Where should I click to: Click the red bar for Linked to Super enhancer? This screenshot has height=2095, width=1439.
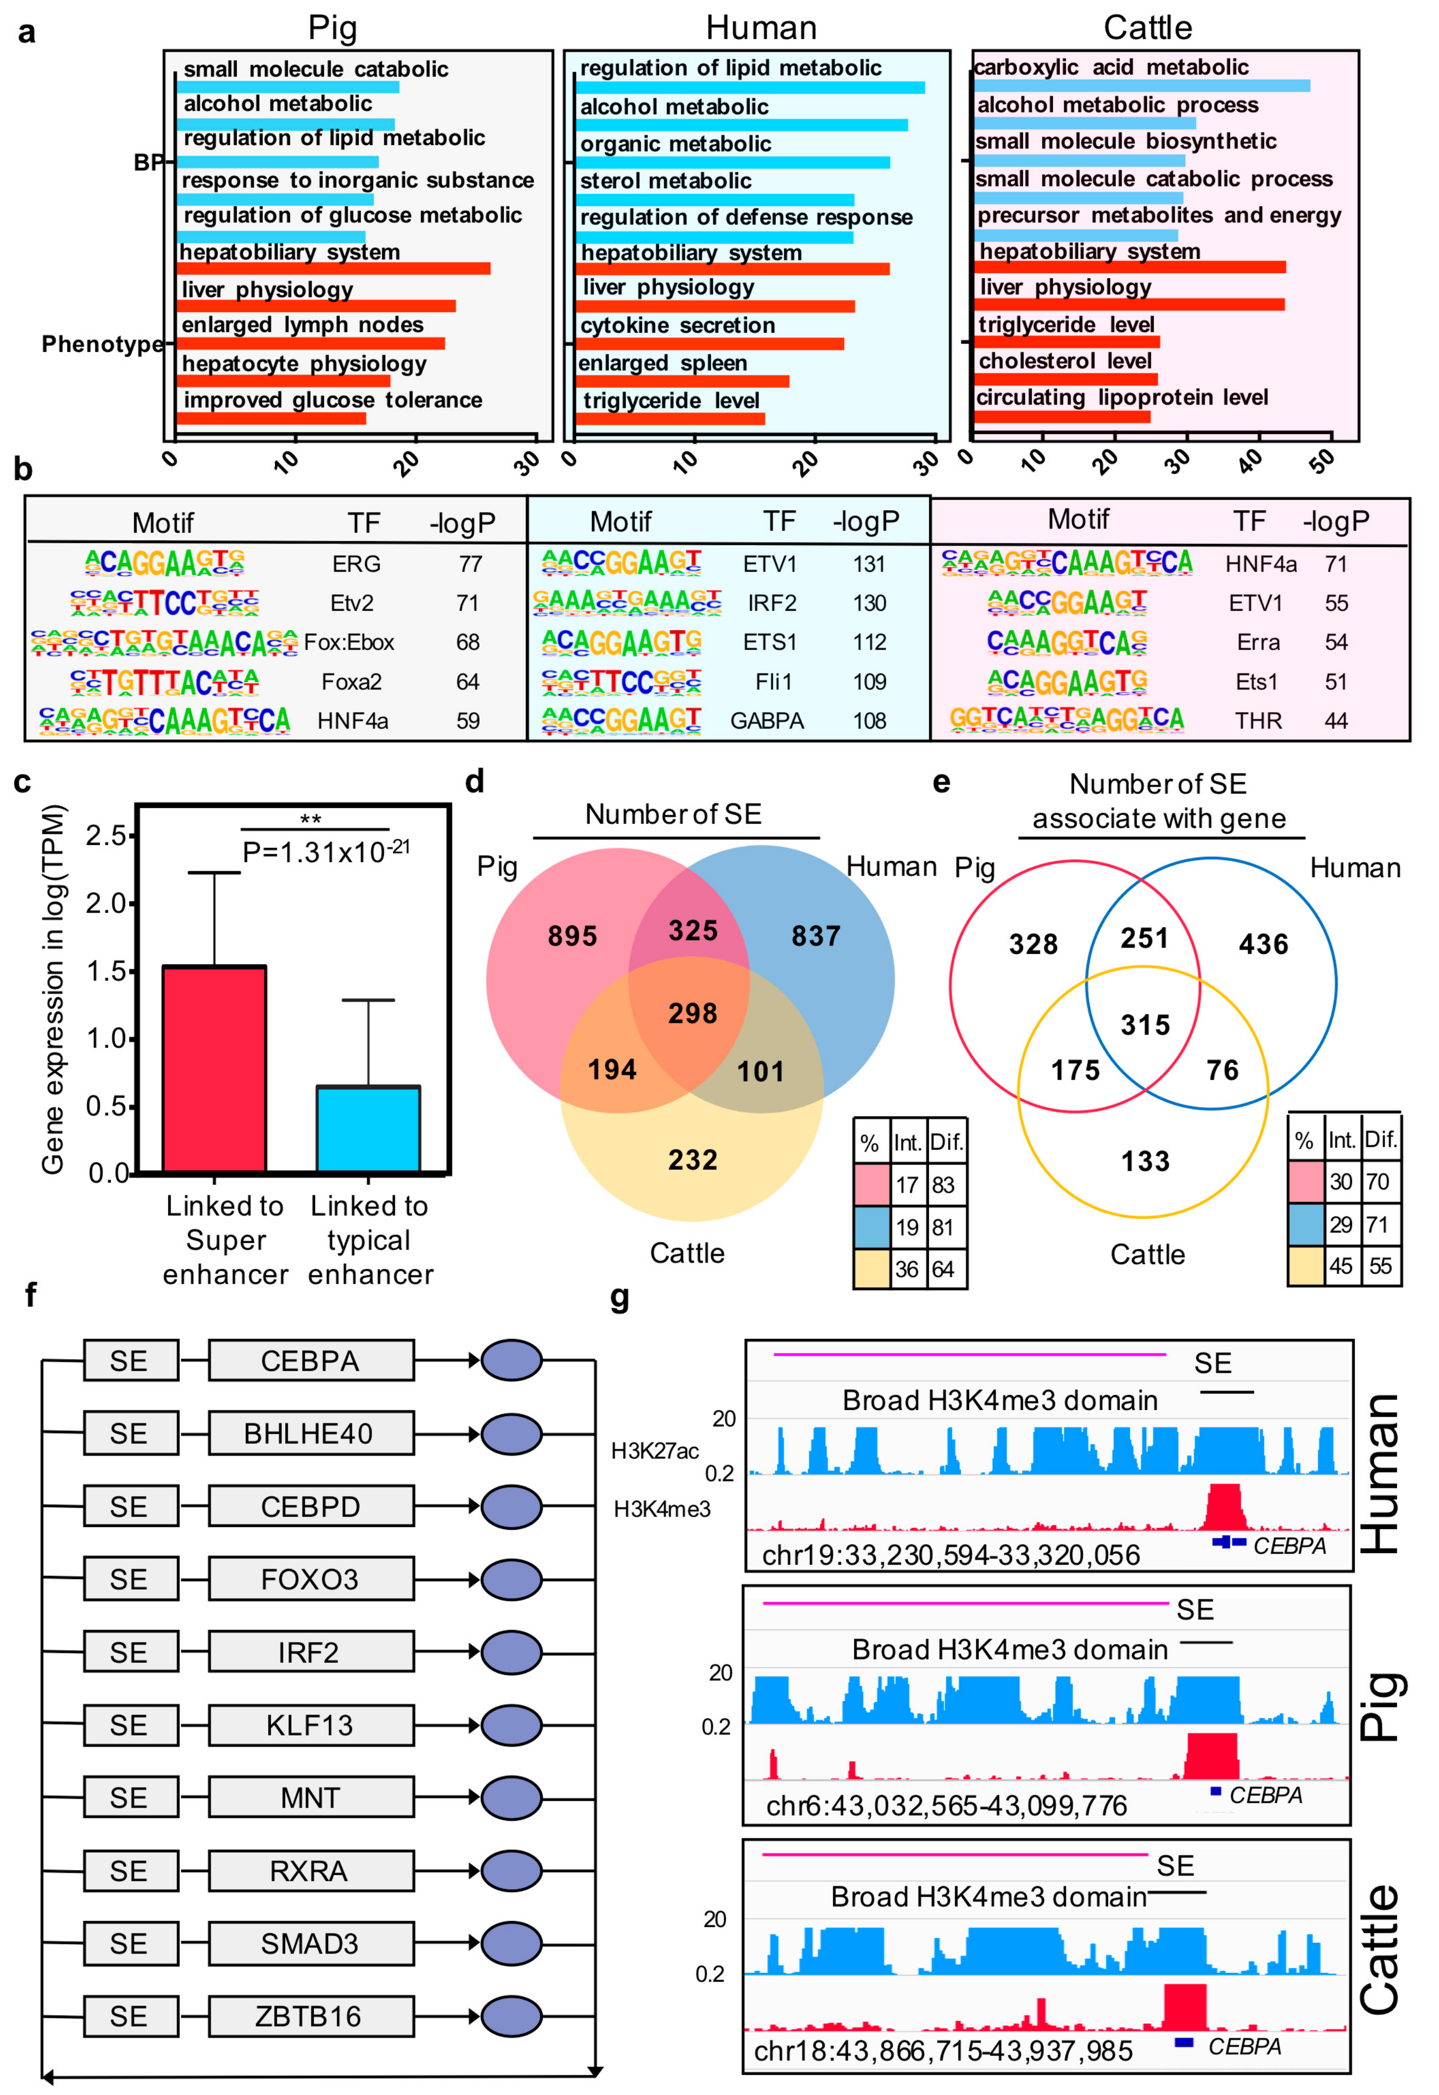coord(215,1068)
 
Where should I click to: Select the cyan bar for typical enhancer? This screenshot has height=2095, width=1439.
coord(368,1129)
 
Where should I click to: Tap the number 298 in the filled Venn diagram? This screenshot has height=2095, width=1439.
coord(692,1014)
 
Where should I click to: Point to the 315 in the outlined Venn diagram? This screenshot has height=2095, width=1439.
coord(1145,1025)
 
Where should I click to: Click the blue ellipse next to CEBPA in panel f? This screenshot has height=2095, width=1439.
coord(511,1361)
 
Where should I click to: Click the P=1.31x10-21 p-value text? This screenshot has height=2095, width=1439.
coord(326,852)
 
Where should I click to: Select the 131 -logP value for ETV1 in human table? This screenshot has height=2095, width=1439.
coord(869,565)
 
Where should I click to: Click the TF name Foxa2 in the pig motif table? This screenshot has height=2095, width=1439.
coord(351,682)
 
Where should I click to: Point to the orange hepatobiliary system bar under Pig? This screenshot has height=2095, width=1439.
coord(333,269)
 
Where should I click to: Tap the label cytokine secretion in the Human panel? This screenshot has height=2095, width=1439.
coord(677,326)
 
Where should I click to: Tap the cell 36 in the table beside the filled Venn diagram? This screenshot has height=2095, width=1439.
coord(906,1270)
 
